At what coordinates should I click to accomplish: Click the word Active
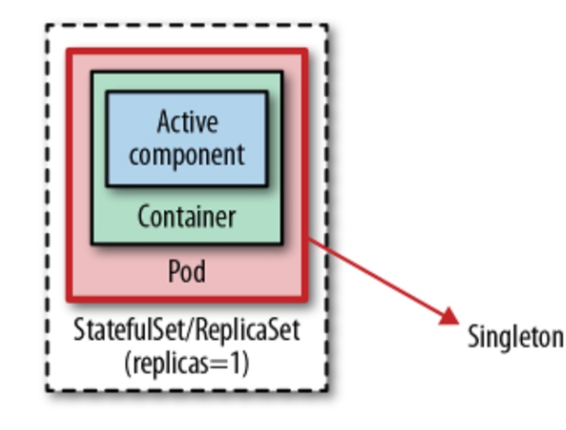coord(187,122)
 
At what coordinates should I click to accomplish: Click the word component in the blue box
coord(187,154)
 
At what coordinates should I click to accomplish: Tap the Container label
coord(187,216)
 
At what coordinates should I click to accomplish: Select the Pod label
coord(187,272)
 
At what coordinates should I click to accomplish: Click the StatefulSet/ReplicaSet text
coord(187,330)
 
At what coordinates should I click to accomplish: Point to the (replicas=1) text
coord(187,363)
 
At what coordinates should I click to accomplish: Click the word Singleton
coord(516,336)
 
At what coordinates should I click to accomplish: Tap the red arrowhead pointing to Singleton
coord(450,317)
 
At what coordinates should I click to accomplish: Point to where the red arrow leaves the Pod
coord(310,240)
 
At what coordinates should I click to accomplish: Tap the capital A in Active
coord(163,122)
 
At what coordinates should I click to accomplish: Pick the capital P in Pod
coord(173,272)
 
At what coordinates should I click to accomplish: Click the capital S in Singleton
coord(473,336)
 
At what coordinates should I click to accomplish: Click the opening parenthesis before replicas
coord(128,364)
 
